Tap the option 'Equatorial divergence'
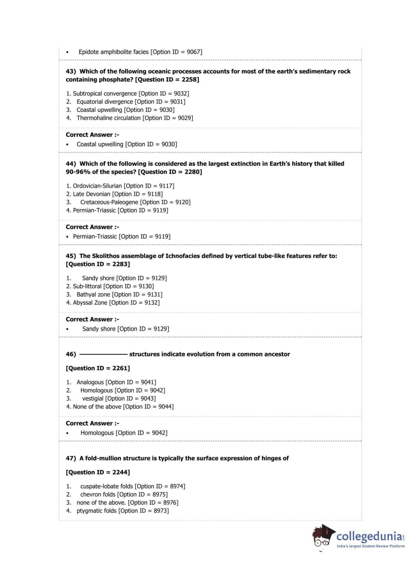pyautogui.click(x=104, y=102)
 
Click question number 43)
pyautogui.click(x=71, y=72)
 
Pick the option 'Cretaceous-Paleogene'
pyautogui.click(x=109, y=202)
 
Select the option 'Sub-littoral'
pyautogui.click(x=87, y=287)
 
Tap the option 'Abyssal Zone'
pyautogui.click(x=90, y=303)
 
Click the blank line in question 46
pyautogui.click(x=103, y=354)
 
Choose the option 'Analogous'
pyautogui.click(x=90, y=382)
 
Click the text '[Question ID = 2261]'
pyautogui.click(x=98, y=368)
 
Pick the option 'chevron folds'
pyautogui.click(x=98, y=495)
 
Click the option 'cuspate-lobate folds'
pyautogui.click(x=106, y=486)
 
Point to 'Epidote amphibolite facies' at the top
pyautogui.click(x=113, y=52)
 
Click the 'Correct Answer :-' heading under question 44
pyautogui.click(x=92, y=227)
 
